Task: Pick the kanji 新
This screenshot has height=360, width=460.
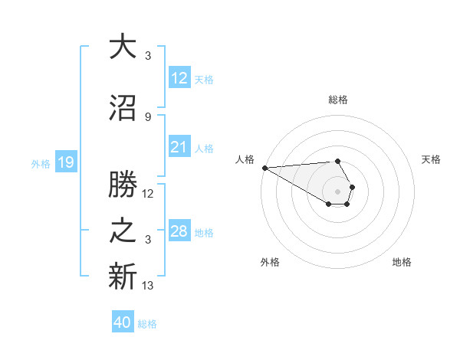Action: (123, 277)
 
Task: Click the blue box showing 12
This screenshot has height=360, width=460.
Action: (179, 78)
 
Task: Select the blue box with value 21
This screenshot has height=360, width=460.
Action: (179, 147)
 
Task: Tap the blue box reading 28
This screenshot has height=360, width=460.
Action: (179, 231)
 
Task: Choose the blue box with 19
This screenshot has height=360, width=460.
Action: (65, 162)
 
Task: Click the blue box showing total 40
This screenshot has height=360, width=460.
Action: (123, 322)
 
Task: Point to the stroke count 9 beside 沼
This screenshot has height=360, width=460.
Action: (148, 116)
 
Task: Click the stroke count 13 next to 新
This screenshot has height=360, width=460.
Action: (148, 286)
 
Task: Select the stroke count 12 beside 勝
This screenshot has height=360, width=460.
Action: (148, 194)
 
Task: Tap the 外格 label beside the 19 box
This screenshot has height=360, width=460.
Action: (41, 163)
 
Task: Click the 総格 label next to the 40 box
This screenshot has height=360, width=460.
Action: (147, 323)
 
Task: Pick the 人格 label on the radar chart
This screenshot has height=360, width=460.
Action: (245, 159)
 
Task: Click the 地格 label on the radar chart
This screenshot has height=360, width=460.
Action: (402, 262)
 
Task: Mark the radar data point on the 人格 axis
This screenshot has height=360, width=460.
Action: (264, 168)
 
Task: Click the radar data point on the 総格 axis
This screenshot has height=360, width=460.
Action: (337, 161)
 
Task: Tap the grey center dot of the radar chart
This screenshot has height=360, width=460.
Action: (337, 191)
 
